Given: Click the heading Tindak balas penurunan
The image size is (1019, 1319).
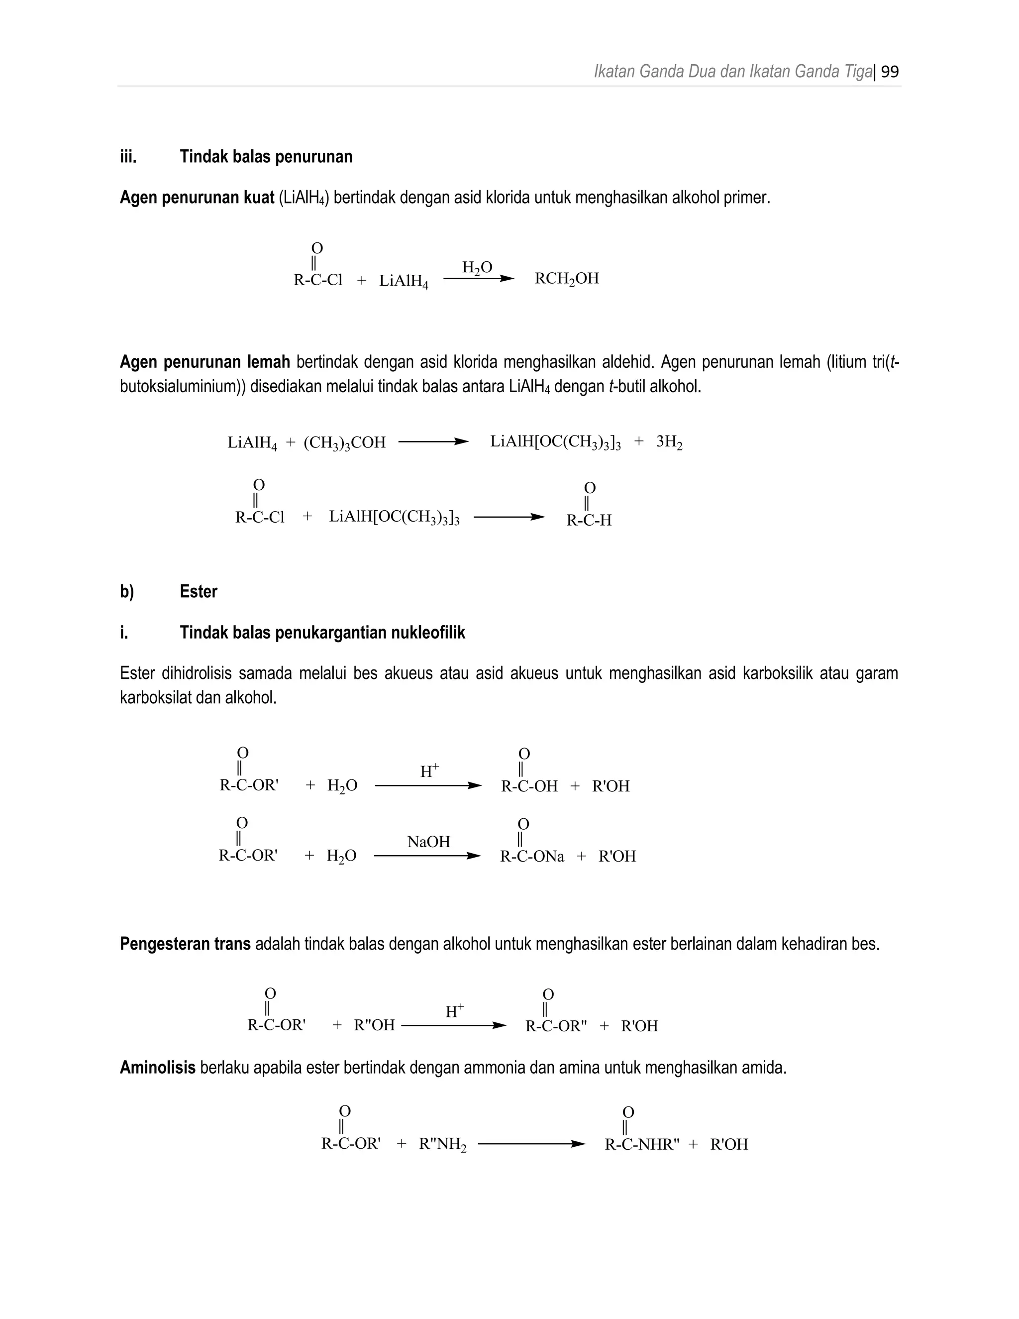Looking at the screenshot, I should [266, 157].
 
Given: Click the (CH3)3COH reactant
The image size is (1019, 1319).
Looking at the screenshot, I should [344, 442].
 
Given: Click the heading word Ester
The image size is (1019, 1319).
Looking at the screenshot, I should [198, 591].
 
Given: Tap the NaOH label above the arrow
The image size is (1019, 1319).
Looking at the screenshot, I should [428, 842].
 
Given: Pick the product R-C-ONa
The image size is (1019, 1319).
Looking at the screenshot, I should [532, 857].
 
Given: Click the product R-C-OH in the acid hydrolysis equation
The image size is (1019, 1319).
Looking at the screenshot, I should [529, 786].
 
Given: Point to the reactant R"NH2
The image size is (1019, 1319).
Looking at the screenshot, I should [442, 1144].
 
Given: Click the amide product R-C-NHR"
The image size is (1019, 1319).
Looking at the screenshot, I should [642, 1144].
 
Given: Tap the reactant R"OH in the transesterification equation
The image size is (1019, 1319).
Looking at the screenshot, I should [374, 1025].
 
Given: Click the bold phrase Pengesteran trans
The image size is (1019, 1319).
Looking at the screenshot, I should [185, 943].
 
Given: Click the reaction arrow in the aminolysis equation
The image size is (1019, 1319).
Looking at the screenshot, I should [531, 1144].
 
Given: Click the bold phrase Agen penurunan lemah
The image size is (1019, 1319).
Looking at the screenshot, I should [204, 362].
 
